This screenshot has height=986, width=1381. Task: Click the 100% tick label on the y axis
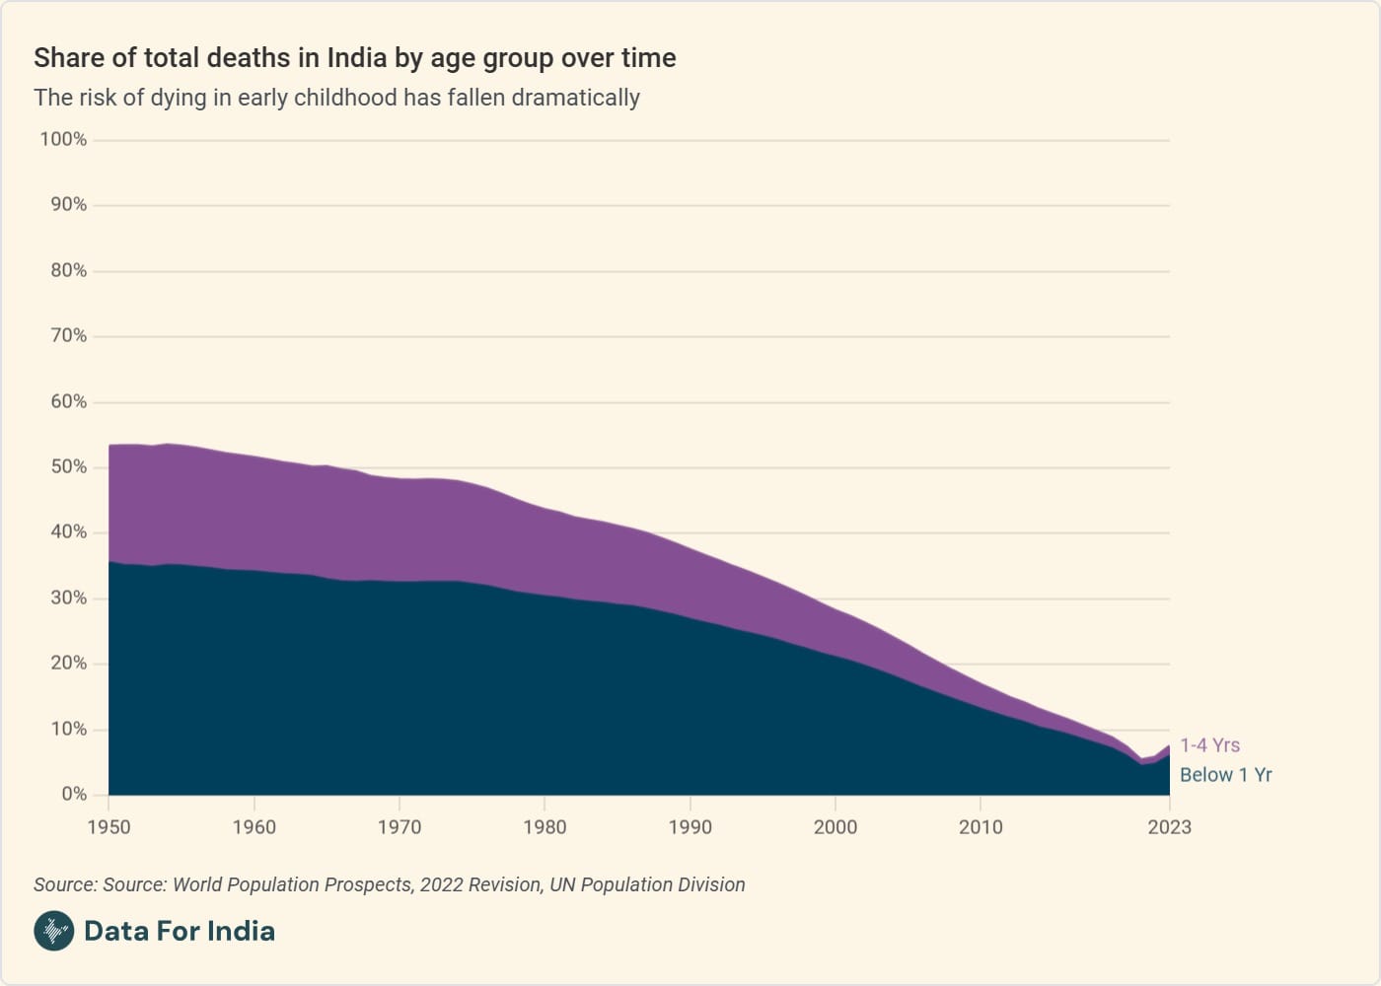(x=63, y=139)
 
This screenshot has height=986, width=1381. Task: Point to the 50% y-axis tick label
(x=68, y=466)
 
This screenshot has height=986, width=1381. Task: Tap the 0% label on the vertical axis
(x=74, y=794)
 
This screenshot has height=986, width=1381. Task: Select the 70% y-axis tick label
(x=68, y=335)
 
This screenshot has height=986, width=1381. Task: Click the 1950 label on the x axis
(x=109, y=827)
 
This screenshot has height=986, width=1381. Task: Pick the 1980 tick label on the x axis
(x=545, y=827)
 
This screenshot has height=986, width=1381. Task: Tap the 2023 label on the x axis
(x=1169, y=827)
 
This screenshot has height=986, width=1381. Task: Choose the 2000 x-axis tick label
(x=836, y=827)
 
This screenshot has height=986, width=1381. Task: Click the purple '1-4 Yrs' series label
(x=1210, y=745)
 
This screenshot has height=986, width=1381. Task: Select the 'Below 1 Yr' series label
(x=1226, y=775)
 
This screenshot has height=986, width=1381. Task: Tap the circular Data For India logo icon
(x=54, y=931)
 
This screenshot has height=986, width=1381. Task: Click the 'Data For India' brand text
(x=180, y=931)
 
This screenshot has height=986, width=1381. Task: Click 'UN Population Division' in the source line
(x=647, y=884)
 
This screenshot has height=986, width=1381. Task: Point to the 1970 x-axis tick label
(x=400, y=827)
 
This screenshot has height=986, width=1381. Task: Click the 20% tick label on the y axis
(x=68, y=663)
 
